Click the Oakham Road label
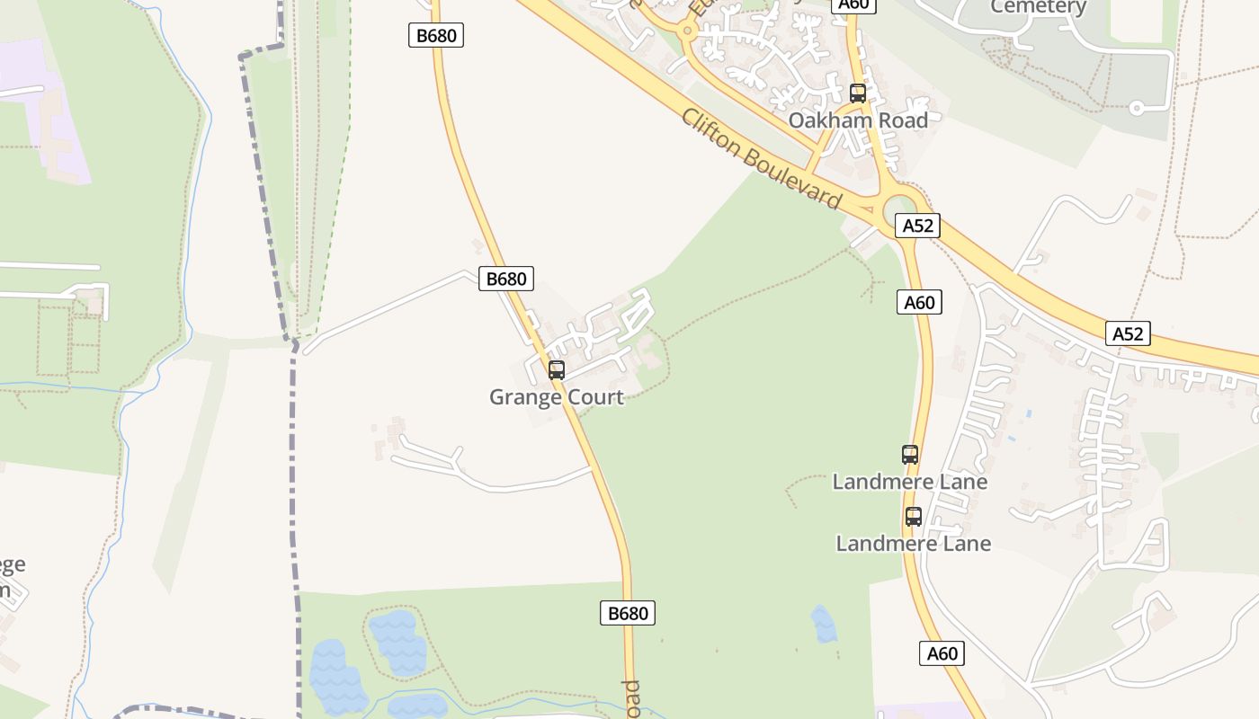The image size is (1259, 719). tap(858, 120)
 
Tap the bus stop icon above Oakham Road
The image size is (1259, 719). tap(858, 93)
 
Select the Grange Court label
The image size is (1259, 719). tap(556, 396)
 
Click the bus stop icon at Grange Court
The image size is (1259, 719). tap(557, 369)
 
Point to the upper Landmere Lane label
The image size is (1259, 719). tap(909, 482)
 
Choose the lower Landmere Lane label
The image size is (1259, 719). tap(913, 544)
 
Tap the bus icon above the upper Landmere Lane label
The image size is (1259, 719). tap(910, 455)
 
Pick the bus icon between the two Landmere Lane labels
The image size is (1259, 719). tap(914, 517)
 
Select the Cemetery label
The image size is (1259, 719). tap(1038, 7)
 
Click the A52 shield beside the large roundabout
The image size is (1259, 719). tap(917, 226)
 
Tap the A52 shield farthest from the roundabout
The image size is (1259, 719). tap(1128, 334)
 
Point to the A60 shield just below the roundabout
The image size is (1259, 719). tap(919, 303)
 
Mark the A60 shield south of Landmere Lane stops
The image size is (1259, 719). tap(942, 653)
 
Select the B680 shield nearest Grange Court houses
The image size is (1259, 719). tap(505, 279)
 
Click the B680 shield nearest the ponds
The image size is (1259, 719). tap(628, 614)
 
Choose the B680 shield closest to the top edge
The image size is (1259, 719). tap(436, 36)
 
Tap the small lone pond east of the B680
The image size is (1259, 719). tap(824, 624)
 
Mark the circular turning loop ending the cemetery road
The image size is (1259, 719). tap(1137, 108)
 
